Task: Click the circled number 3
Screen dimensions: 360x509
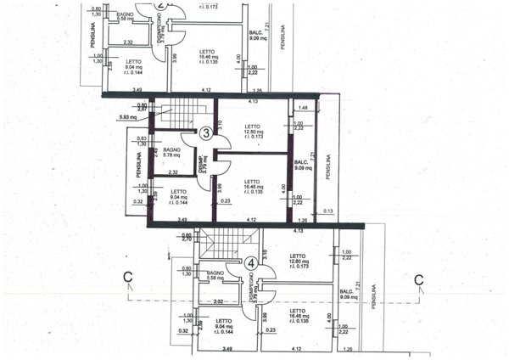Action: pos(206,132)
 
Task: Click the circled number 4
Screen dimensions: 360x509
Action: pos(250,263)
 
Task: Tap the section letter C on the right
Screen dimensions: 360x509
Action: pos(417,278)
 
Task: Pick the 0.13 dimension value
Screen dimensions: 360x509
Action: pos(328,211)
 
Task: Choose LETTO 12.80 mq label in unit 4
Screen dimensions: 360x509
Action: pos(297,262)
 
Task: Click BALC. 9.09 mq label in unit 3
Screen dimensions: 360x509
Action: pos(301,166)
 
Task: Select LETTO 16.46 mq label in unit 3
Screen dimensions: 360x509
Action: pos(251,187)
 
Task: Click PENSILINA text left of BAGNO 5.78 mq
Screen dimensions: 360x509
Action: pos(137,166)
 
